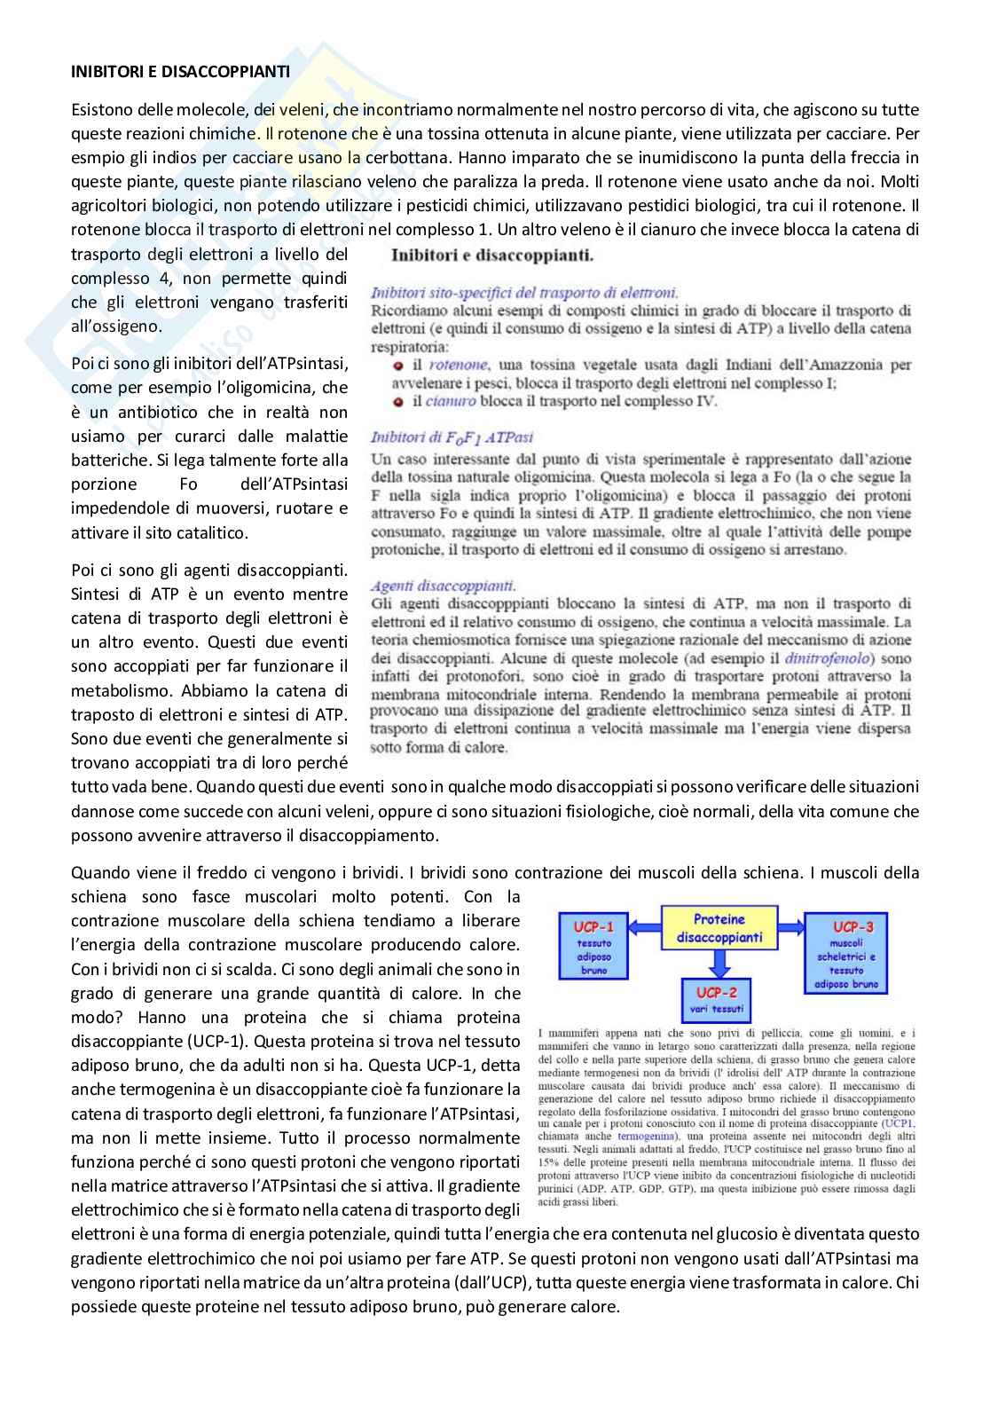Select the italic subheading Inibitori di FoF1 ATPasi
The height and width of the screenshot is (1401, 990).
(452, 437)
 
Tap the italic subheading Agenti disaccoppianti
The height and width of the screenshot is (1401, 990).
(443, 586)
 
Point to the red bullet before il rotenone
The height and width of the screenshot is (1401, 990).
(399, 365)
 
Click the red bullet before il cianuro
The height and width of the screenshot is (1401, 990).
(399, 401)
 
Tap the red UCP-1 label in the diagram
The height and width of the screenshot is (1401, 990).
(594, 926)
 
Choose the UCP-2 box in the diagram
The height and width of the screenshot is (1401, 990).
(717, 999)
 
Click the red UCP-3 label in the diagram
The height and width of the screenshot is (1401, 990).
(852, 926)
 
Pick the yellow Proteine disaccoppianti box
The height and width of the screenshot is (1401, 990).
(719, 928)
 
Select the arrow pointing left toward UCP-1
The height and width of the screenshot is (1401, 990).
(643, 928)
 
